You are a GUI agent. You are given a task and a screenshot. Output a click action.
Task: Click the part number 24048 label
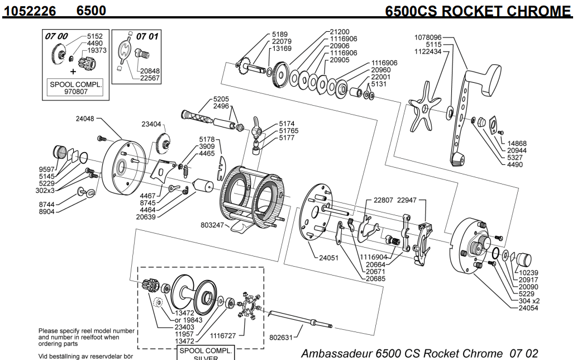tap(85, 119)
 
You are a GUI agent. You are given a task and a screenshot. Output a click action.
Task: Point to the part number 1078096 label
tap(428, 37)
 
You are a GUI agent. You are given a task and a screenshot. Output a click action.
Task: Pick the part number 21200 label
tap(340, 32)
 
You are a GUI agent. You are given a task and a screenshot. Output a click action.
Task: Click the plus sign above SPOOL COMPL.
tap(73, 72)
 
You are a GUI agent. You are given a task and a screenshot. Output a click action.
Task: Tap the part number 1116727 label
tap(224, 337)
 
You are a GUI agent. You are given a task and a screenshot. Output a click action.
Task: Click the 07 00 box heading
tap(56, 36)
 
